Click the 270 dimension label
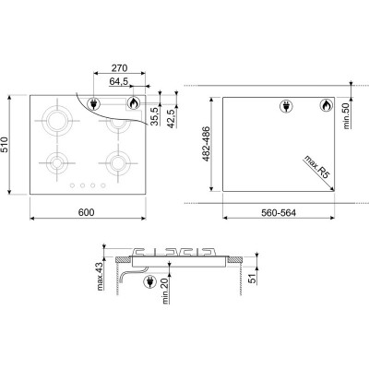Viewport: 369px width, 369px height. click(x=119, y=68)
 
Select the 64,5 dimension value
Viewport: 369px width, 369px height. click(x=119, y=82)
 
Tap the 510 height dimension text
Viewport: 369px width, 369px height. click(x=5, y=145)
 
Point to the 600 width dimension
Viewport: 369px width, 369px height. click(x=87, y=212)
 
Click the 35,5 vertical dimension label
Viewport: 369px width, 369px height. click(x=155, y=115)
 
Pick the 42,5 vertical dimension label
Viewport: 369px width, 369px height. click(x=172, y=118)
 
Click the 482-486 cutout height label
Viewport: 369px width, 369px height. click(x=207, y=144)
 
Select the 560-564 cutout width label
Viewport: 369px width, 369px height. click(x=279, y=212)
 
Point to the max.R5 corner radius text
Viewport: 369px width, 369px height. click(x=317, y=167)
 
